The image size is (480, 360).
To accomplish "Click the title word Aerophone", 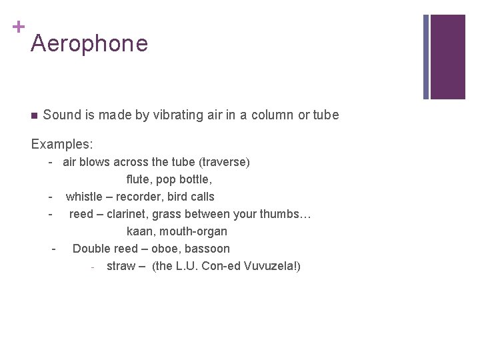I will (x=89, y=44).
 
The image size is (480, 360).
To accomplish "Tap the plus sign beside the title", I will (x=18, y=27).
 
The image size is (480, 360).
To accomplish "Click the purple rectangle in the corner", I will (x=447, y=57).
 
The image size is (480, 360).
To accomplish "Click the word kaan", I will (x=139, y=231).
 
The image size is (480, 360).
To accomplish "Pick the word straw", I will (x=121, y=266).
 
